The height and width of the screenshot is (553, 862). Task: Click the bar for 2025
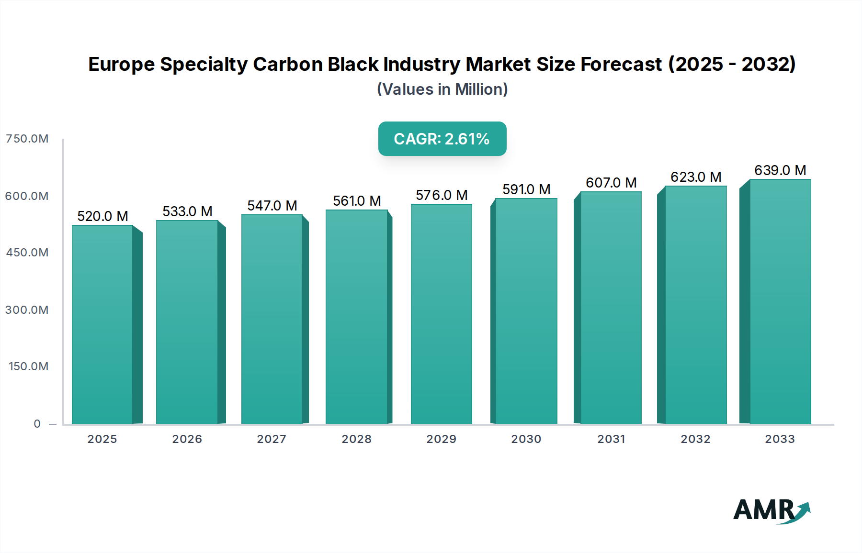click(x=102, y=325)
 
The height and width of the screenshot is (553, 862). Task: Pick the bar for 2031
click(x=611, y=309)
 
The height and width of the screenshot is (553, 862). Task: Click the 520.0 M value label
click(x=102, y=216)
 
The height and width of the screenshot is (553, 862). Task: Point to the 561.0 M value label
click(x=357, y=201)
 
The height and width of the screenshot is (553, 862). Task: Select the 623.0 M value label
click(x=696, y=177)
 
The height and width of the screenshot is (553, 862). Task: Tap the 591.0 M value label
click(x=526, y=189)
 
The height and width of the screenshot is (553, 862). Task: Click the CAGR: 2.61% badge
click(x=442, y=139)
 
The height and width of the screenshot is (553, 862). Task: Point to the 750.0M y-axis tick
click(x=27, y=139)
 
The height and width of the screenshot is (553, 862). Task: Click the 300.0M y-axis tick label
click(x=27, y=310)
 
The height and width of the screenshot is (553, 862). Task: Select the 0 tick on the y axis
click(x=37, y=424)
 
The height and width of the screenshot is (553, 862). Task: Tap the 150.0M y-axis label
click(x=28, y=366)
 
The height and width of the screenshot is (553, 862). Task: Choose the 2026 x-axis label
click(x=187, y=439)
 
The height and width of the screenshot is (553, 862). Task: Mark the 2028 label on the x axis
click(x=356, y=439)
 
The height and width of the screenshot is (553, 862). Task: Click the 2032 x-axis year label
click(x=695, y=439)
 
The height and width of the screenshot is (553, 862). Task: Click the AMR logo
click(x=771, y=510)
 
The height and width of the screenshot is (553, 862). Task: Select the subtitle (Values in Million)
click(x=442, y=89)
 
